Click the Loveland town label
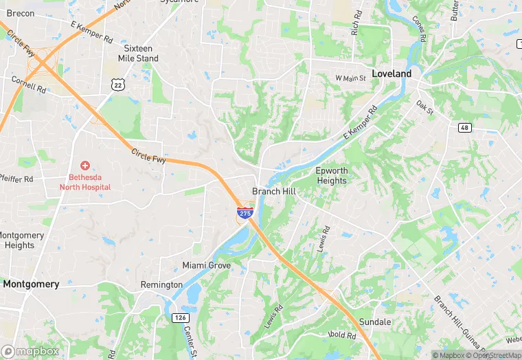[x=391, y=74]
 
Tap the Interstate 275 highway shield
[x=245, y=213]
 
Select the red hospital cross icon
[x=85, y=166]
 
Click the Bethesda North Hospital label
[x=85, y=181]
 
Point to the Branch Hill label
[x=274, y=192]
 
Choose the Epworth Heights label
[x=332, y=175]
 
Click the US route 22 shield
[x=118, y=83]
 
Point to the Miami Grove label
[x=206, y=265]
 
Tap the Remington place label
[x=161, y=284]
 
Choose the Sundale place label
[x=375, y=322]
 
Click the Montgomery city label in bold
[x=31, y=284]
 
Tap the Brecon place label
[x=20, y=13]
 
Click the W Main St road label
[x=351, y=78]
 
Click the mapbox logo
[x=30, y=351]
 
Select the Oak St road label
[x=425, y=107]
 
